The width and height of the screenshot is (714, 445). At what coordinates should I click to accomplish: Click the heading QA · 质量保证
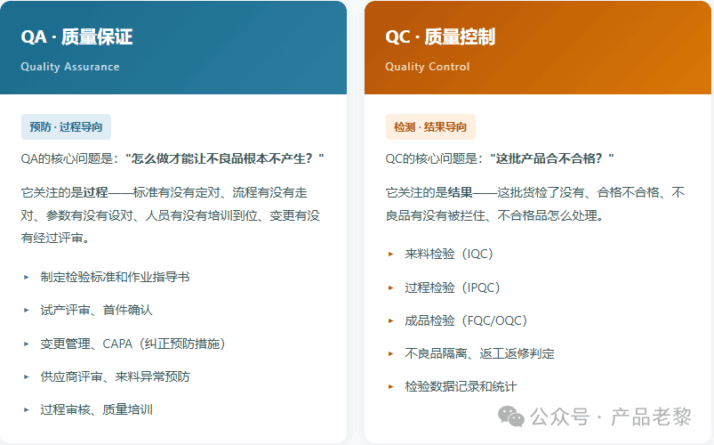[76, 36]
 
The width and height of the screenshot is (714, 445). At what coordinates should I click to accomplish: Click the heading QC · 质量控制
[440, 36]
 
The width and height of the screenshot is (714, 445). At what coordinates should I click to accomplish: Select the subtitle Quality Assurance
[70, 67]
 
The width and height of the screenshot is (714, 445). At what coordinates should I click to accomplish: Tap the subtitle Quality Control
[427, 67]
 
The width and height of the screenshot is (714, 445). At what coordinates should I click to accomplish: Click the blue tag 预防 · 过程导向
[66, 126]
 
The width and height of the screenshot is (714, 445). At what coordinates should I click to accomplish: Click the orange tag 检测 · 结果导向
[430, 126]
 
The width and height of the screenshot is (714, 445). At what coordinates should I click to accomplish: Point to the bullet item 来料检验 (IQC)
[449, 254]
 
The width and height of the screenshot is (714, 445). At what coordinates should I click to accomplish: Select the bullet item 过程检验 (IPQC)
[453, 287]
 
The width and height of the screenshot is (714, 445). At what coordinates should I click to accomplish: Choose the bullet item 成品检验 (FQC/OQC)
[466, 320]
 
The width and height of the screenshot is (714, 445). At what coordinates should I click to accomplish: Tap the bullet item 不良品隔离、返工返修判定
[479, 353]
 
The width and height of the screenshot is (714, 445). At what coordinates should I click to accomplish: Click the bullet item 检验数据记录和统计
[461, 386]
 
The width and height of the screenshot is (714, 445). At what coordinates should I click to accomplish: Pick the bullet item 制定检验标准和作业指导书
[115, 277]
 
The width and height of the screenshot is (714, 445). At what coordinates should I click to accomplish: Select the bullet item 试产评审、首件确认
[96, 310]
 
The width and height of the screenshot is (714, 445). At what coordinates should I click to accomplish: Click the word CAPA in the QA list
[117, 344]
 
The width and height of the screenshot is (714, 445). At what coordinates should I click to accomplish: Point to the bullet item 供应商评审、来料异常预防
[115, 376]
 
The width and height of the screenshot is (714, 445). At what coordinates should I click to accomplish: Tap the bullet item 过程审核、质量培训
[96, 409]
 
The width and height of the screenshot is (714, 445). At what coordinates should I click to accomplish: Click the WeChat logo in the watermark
[511, 417]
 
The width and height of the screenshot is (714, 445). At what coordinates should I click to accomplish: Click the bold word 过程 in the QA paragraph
[96, 192]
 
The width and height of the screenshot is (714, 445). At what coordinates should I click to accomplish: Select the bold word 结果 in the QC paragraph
[460, 192]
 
